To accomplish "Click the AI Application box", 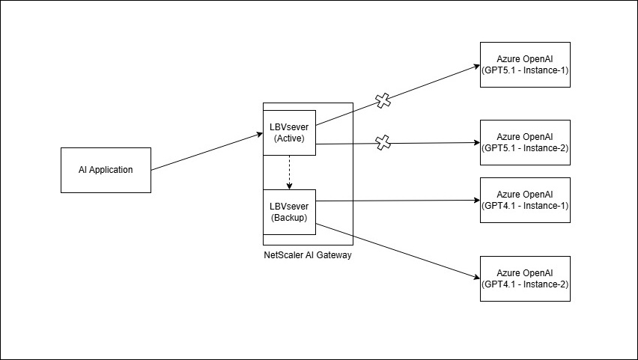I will pyautogui.click(x=106, y=170).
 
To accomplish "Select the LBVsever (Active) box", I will pyautogui.click(x=289, y=132).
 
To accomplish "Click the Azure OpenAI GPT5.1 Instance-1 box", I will pyautogui.click(x=525, y=64).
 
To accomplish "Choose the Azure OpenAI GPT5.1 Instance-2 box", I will pyautogui.click(x=525, y=142).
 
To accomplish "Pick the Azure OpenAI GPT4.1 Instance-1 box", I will pyautogui.click(x=525, y=200).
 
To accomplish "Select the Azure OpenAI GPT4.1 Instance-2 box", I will pyautogui.click(x=525, y=278).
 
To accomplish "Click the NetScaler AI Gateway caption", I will pyautogui.click(x=308, y=255).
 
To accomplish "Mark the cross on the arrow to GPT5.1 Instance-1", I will pyautogui.click(x=383, y=101).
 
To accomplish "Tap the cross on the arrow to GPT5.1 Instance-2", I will pyautogui.click(x=383, y=142).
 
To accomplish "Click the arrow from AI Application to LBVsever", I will pyautogui.click(x=206, y=153).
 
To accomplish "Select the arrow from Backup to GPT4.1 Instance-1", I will pyautogui.click(x=397, y=201).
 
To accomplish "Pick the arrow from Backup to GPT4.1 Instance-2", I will pyautogui.click(x=397, y=251).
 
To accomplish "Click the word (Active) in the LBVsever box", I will pyautogui.click(x=289, y=138).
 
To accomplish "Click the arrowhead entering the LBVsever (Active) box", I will pyautogui.click(x=259, y=135).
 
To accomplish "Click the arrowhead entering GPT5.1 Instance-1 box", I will pyautogui.click(x=476, y=65).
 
